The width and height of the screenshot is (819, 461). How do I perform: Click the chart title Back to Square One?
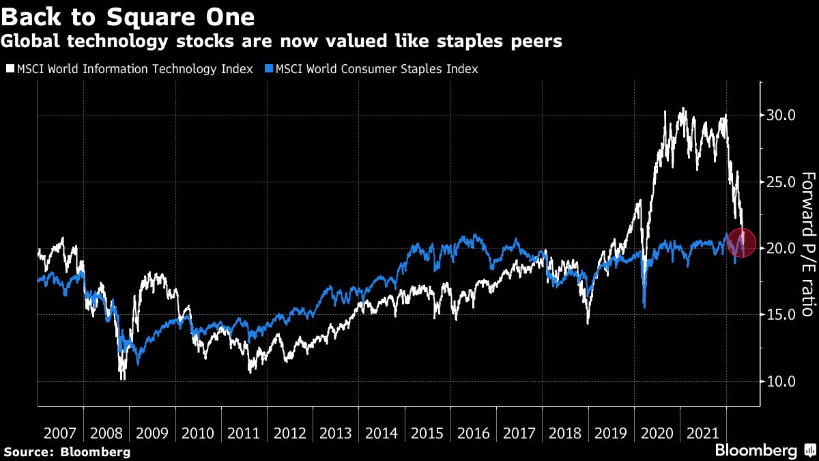(x=128, y=16)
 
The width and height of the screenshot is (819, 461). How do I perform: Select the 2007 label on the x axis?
(x=60, y=434)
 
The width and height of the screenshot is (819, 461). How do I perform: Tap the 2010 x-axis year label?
(x=198, y=434)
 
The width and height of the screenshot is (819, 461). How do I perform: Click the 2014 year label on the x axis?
(x=382, y=434)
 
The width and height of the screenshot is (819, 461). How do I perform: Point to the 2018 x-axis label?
(x=565, y=434)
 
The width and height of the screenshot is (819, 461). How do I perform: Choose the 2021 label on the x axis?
(x=703, y=434)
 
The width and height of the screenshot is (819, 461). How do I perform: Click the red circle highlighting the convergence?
(x=741, y=242)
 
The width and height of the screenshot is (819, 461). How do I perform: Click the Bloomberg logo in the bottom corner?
(x=764, y=450)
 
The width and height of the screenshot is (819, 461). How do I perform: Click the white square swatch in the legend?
(x=9, y=69)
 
